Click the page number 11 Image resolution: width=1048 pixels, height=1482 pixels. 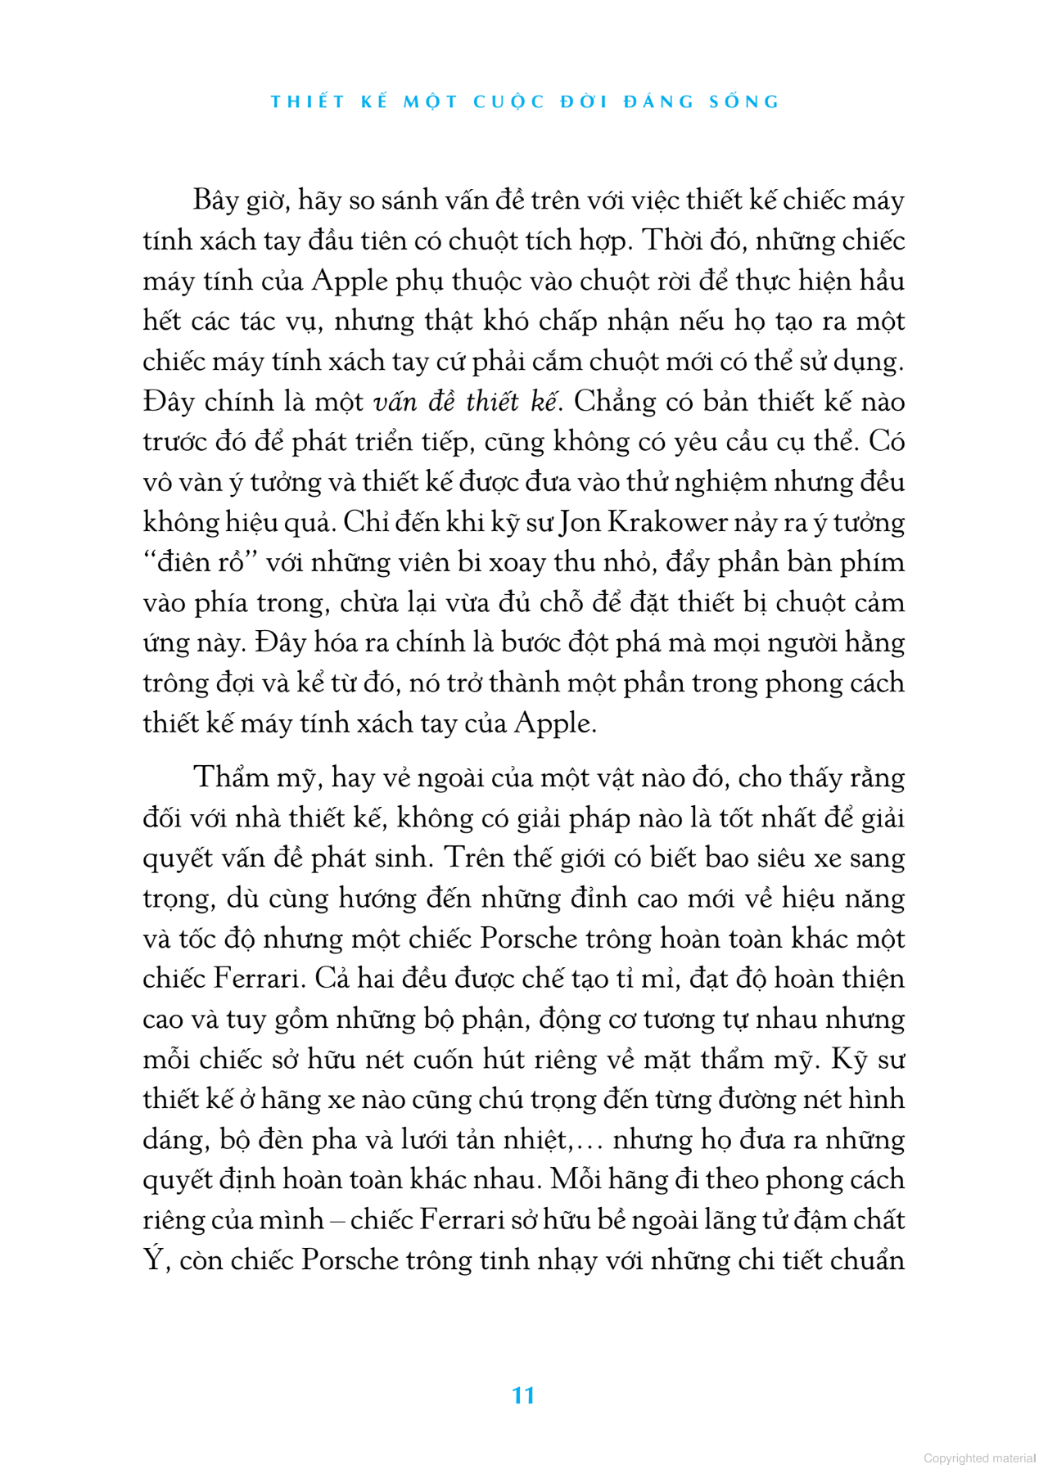coord(523,1395)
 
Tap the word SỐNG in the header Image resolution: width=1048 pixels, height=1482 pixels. coord(745,102)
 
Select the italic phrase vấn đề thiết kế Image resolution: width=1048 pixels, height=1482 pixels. coord(464,402)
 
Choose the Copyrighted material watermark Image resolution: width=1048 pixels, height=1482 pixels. coord(979,1457)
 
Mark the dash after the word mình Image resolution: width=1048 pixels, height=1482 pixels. coord(337,1220)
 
